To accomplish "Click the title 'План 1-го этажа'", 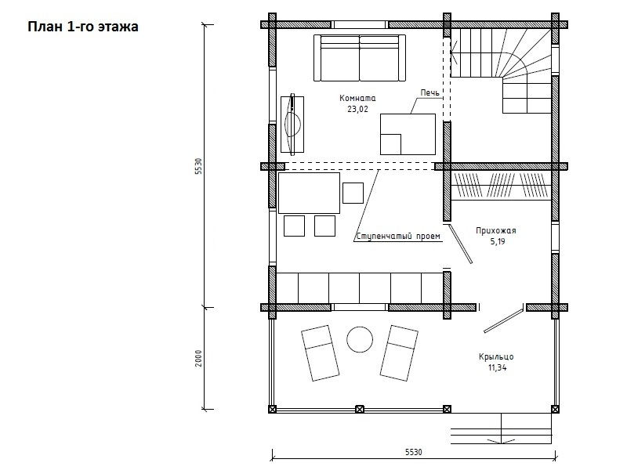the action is point(83,27).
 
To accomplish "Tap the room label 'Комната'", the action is point(357,98).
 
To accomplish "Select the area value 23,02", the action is point(357,109).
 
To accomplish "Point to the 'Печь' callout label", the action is point(429,92).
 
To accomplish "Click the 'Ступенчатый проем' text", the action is point(398,237).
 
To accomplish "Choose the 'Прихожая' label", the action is point(496,230).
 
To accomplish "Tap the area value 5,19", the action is point(498,241).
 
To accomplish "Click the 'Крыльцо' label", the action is point(496,356).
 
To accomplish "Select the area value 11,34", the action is point(497,367).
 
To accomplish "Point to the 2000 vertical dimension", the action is point(199,358).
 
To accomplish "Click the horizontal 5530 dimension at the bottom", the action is point(414,452).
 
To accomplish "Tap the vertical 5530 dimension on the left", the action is point(199,166).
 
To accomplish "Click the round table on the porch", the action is point(360,340).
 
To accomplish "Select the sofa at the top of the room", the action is point(360,58).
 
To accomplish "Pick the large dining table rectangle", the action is point(309,193).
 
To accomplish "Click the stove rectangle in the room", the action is point(408,134).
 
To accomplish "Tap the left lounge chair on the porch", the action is point(320,353).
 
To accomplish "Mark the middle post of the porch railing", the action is point(360,409).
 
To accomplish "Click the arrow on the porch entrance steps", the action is point(502,441).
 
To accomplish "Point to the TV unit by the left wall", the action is point(292,125).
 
